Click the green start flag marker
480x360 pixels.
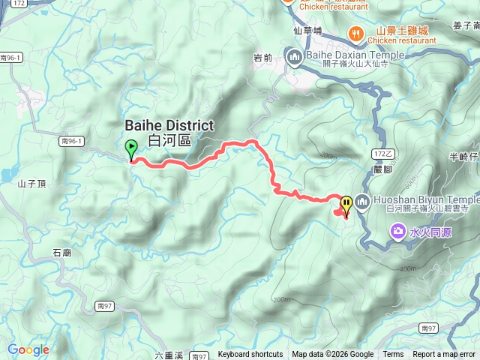tap(131, 148)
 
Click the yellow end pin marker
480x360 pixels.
tap(346, 203)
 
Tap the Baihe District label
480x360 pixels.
tap(169, 133)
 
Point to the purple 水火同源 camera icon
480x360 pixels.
tap(397, 232)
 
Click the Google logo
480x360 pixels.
tap(28, 349)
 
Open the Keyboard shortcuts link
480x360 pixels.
tap(250, 355)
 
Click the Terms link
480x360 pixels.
tap(393, 355)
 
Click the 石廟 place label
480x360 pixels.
tap(62, 253)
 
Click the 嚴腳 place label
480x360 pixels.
tap(382, 169)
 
